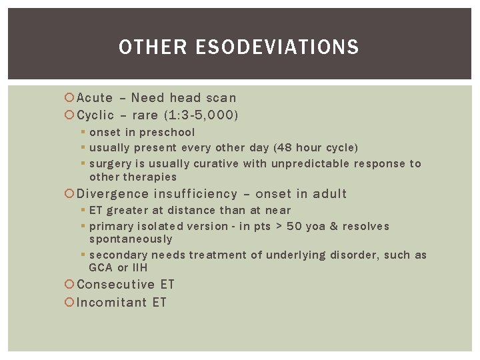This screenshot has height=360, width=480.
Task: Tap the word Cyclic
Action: coord(96,115)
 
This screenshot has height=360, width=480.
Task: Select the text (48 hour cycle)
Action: coord(315,147)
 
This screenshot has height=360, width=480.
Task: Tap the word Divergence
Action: coord(113,194)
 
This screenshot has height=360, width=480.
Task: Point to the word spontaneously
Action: coord(130,239)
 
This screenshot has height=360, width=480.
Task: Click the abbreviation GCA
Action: coord(101,267)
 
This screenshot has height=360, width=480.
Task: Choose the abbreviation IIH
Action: coord(139,267)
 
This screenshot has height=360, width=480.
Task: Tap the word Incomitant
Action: coord(112,303)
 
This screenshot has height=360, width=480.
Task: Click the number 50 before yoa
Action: coord(293,226)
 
